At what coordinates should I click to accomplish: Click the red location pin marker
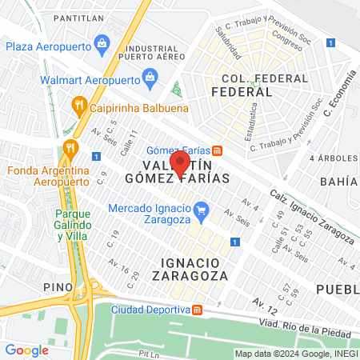[180, 162]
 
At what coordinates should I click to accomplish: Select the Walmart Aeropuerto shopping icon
[149, 77]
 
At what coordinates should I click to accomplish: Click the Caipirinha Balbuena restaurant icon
[78, 103]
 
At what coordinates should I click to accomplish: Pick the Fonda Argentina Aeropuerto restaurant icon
[70, 147]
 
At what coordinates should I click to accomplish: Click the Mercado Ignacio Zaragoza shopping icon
[202, 212]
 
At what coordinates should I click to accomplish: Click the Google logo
[26, 350]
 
